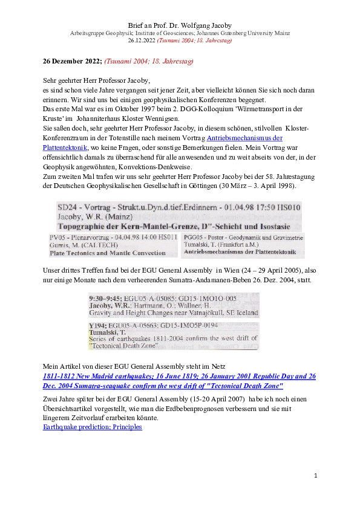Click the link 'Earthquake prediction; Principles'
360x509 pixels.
[92, 427]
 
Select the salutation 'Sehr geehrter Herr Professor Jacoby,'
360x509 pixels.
[96, 80]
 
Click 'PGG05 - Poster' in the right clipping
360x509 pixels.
[206, 238]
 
